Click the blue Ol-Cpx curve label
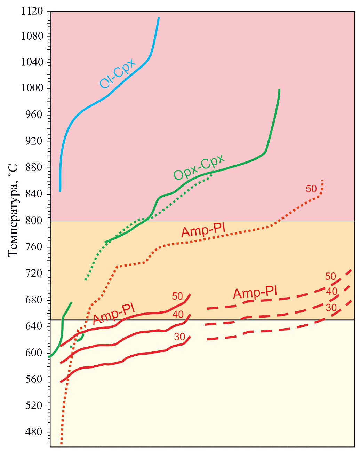(x=118, y=74)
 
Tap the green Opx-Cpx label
(x=199, y=167)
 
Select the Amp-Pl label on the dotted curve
(x=203, y=231)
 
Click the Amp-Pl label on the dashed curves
(x=255, y=293)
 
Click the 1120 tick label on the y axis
(x=32, y=11)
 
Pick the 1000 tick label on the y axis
(x=32, y=88)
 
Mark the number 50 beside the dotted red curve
(x=311, y=189)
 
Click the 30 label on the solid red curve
(x=179, y=337)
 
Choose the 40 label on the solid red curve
(x=178, y=315)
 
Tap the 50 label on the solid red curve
(x=177, y=296)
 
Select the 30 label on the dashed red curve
(x=331, y=307)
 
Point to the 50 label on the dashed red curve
(x=330, y=276)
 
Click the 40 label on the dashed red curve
(x=332, y=291)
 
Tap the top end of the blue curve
(x=159, y=17)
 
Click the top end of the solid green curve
(x=279, y=90)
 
